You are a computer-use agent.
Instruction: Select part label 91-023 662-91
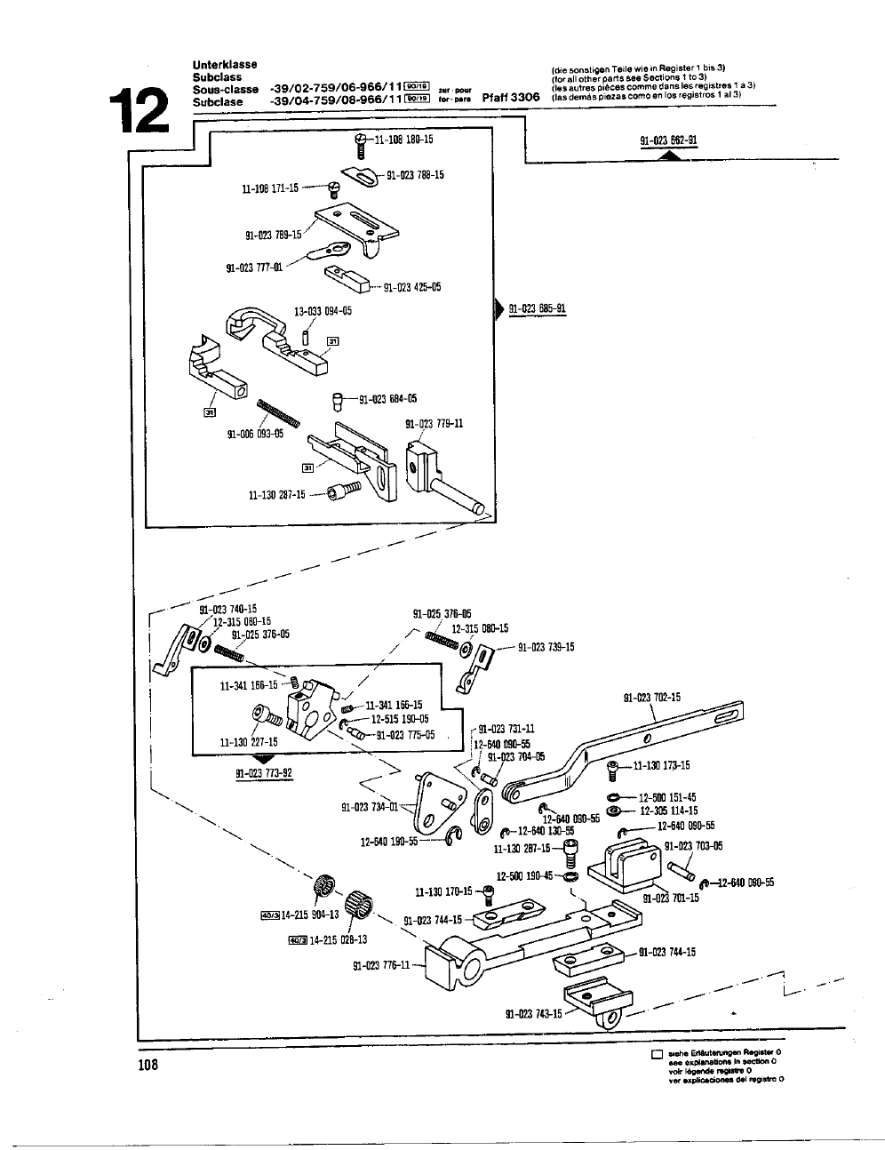[668, 140]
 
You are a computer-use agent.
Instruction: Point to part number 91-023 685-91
[538, 309]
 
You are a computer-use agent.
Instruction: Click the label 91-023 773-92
[264, 772]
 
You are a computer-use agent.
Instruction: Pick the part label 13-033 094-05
[323, 311]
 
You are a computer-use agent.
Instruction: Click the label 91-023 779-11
[434, 424]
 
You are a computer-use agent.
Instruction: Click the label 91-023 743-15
[533, 1013]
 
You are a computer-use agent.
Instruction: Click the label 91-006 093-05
[255, 434]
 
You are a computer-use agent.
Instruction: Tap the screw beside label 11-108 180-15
[360, 146]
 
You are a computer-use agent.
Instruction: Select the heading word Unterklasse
[225, 65]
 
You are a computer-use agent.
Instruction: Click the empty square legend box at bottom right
[657, 1056]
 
